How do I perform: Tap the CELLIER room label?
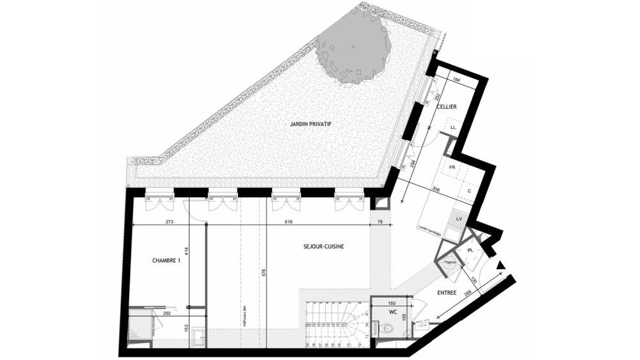pos(447,107)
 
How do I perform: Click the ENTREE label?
pos(447,293)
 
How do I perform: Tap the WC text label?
pos(394,313)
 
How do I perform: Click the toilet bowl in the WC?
pos(388,329)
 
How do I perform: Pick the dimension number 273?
pos(170,222)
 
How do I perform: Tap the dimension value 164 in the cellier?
pos(456,80)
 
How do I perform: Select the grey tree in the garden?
pos(353,47)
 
